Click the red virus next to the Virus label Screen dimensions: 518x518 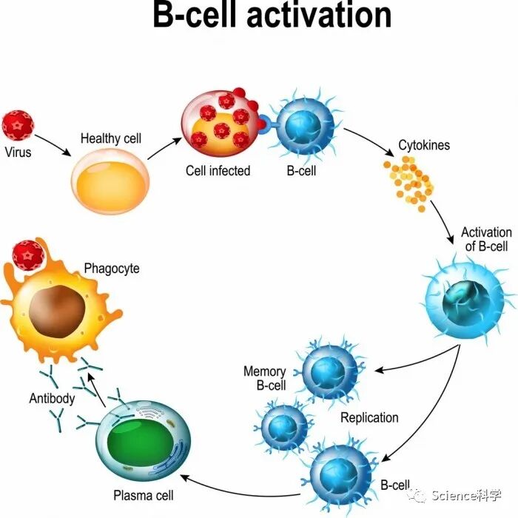[x=18, y=125]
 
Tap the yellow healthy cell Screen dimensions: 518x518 [x=111, y=179]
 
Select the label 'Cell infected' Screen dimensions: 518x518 [x=218, y=171]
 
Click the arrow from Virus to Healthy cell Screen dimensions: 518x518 [x=53, y=144]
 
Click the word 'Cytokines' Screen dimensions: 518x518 [x=424, y=145]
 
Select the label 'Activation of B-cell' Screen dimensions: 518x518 [x=486, y=239]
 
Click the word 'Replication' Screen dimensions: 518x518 [x=369, y=417]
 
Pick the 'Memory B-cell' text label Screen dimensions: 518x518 [x=265, y=378]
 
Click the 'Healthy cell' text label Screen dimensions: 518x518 [x=111, y=138]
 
